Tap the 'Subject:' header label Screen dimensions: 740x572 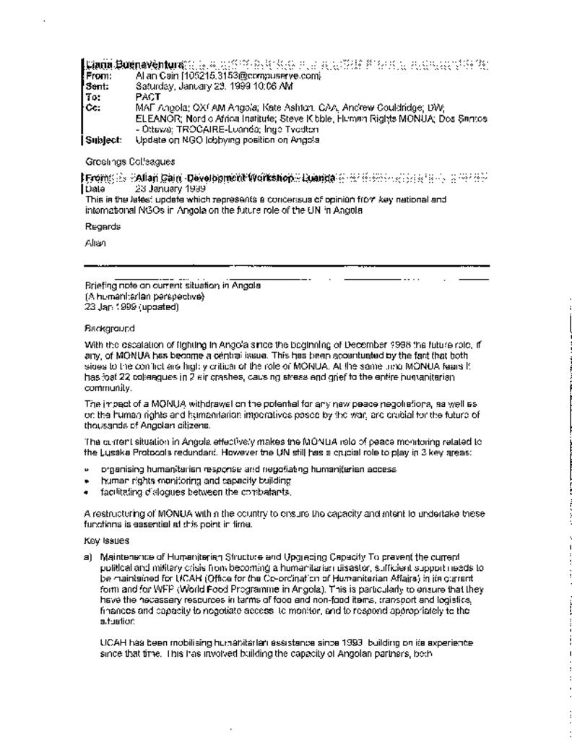click(x=103, y=139)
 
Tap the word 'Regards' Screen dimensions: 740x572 click(x=102, y=226)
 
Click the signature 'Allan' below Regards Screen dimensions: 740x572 click(x=95, y=244)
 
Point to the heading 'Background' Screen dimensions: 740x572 click(x=110, y=328)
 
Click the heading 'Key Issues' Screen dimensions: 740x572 click(x=107, y=540)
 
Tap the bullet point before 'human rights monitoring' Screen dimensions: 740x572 click(x=87, y=481)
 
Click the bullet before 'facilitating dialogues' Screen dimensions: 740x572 click(x=87, y=492)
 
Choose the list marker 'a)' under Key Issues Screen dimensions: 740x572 click(x=89, y=557)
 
